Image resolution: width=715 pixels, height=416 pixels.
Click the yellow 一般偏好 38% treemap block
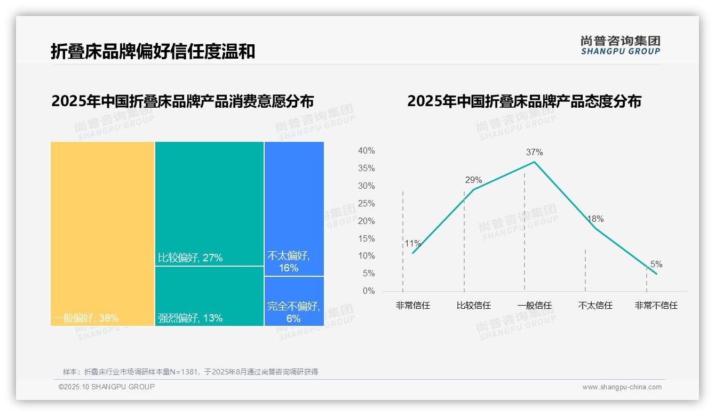coord(102,234)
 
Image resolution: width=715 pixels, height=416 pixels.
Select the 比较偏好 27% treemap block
coord(209,203)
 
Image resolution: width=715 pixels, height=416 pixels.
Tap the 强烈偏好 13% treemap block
coord(209,296)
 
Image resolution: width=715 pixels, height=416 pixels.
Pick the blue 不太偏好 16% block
coord(294,209)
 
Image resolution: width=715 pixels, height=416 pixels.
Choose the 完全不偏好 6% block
coord(294,301)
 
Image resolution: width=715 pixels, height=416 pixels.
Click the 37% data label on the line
coord(534,153)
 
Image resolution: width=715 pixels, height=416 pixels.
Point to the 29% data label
coord(473,180)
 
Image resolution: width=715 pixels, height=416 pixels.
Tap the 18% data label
coord(595,219)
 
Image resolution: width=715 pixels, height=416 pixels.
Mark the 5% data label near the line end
coord(656,265)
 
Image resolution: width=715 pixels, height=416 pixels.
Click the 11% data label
coord(412,244)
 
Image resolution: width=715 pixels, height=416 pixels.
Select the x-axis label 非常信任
coord(412,306)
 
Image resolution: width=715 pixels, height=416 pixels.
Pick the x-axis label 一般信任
coord(534,306)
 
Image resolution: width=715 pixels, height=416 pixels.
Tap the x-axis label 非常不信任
coord(656,306)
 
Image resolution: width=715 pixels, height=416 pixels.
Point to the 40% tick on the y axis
coord(366,151)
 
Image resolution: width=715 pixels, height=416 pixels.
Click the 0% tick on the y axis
coord(368,291)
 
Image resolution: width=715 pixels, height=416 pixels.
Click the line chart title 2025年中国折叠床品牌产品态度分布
coord(524,101)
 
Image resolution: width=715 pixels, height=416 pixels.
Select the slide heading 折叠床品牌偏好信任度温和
coord(153,51)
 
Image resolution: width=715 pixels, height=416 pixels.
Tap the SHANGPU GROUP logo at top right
coord(620,45)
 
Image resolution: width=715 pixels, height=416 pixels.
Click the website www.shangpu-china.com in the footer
coord(622,387)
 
